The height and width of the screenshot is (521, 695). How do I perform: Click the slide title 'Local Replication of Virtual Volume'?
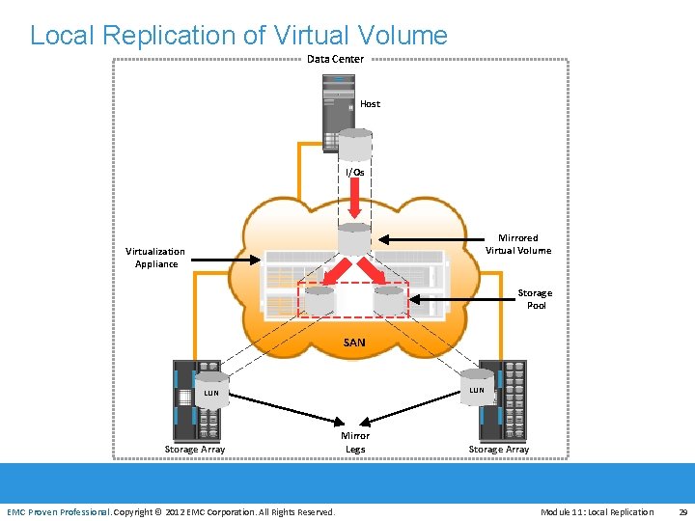[x=238, y=36]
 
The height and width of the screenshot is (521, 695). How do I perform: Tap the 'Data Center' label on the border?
[x=335, y=59]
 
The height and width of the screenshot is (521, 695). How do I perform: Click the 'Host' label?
[x=370, y=103]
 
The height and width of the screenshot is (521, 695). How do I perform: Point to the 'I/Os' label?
[x=355, y=172]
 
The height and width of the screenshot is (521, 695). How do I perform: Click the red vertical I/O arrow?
[x=354, y=201]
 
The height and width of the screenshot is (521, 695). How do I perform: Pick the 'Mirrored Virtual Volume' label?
[x=518, y=244]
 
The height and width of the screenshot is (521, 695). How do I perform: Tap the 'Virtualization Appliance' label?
[x=155, y=258]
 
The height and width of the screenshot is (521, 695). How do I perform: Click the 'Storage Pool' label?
[x=535, y=299]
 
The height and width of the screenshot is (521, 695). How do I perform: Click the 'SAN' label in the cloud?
[x=354, y=343]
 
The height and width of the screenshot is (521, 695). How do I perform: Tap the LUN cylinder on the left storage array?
[x=210, y=388]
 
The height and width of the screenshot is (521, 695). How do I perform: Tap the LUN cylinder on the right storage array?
[x=476, y=385]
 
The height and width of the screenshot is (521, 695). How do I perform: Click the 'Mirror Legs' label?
[x=355, y=442]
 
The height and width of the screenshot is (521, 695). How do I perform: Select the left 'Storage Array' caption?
[x=195, y=449]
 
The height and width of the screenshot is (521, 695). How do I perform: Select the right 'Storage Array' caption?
[x=499, y=449]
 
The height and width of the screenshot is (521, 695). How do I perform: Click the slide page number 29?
[x=682, y=511]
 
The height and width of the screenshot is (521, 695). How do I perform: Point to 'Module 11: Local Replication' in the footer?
[x=597, y=511]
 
